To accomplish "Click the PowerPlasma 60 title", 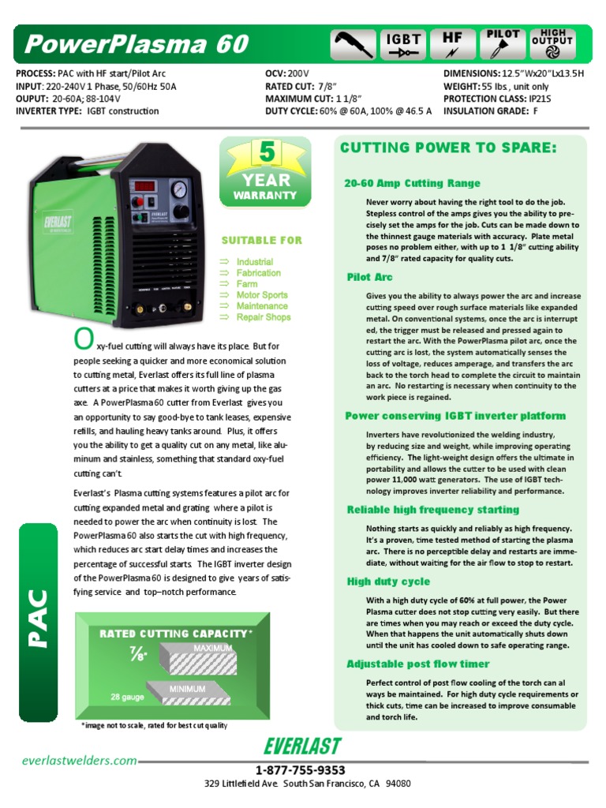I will coord(136,44).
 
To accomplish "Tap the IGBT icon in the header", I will coord(403,45).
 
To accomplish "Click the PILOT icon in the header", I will coord(503,45).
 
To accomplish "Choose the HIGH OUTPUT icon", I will coord(553,45).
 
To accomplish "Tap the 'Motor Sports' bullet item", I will coord(262,295).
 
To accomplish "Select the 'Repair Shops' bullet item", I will coord(264,317).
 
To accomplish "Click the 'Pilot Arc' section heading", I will coord(369,278).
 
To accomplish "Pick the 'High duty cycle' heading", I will coord(388,582).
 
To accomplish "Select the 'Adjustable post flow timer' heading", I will coord(418,664).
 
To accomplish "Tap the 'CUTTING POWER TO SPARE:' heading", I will coord(448,148).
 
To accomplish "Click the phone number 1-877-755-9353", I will coord(301,770).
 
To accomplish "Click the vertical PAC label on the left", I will coord(39,616).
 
